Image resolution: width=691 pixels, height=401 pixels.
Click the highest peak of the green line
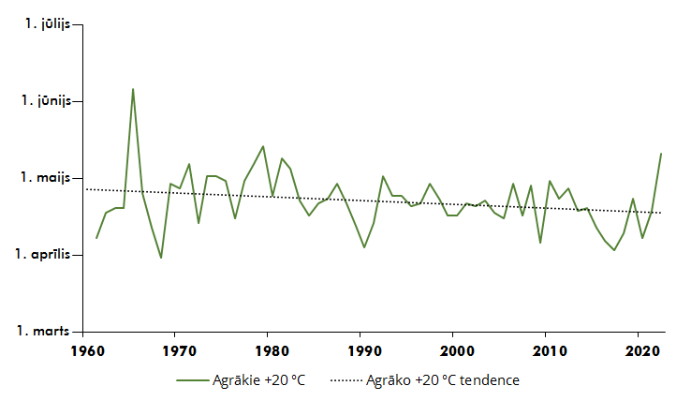[x=133, y=89]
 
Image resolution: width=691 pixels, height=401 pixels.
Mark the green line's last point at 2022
[x=661, y=154]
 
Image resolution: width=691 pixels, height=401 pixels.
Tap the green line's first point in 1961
[x=96, y=238]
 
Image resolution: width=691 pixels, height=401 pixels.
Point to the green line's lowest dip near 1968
[x=161, y=258]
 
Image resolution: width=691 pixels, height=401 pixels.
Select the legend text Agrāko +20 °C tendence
[x=442, y=380]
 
